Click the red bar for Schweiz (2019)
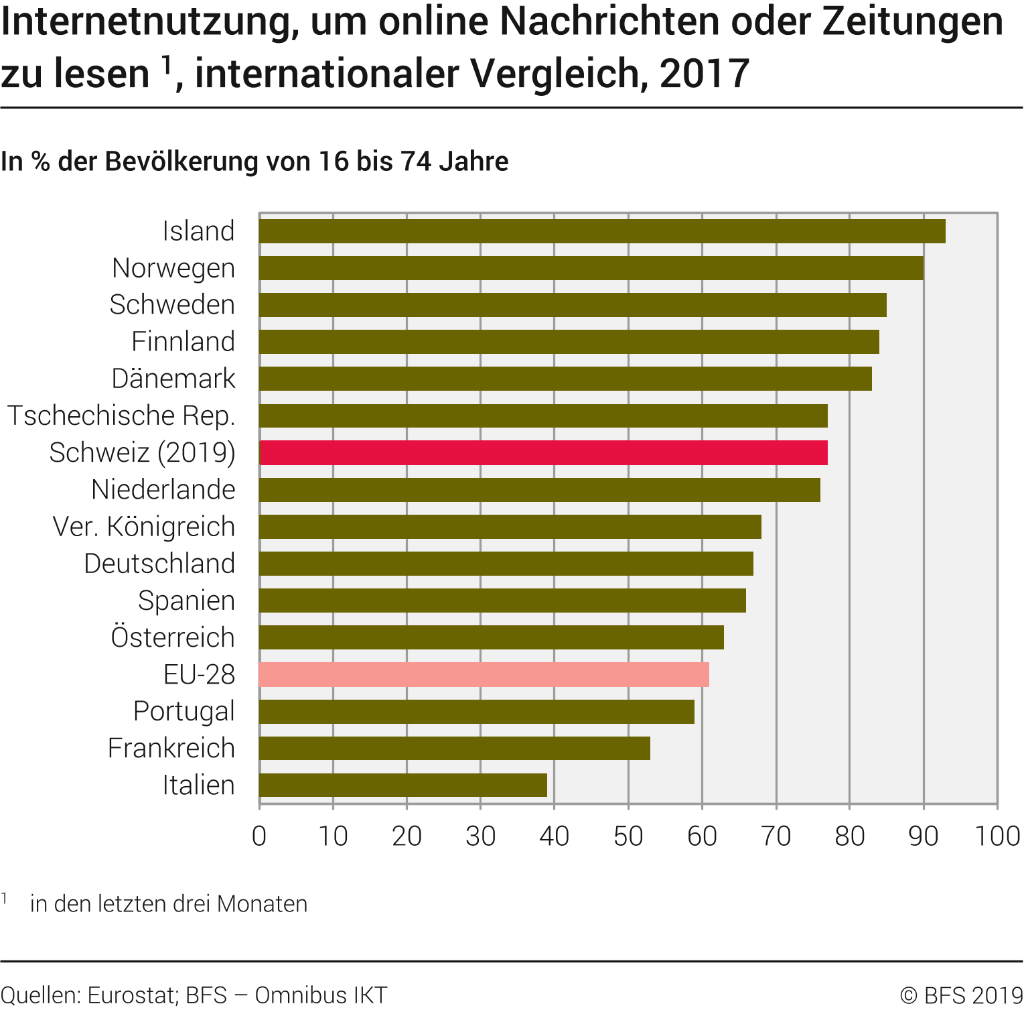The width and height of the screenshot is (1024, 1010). [x=543, y=453]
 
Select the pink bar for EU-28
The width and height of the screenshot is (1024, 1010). [x=484, y=674]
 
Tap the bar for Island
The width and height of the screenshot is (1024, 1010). [x=602, y=231]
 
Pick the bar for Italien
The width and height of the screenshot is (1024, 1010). [x=403, y=785]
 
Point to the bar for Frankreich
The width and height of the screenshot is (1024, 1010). [x=454, y=748]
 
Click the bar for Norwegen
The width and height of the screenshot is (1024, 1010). [x=591, y=268]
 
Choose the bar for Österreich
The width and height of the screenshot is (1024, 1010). [x=492, y=637]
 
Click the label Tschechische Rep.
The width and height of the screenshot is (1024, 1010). [x=121, y=416]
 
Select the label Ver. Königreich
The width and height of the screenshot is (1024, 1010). [x=144, y=527]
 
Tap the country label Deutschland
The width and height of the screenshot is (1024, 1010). [x=159, y=564]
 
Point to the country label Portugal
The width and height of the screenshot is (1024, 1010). [x=184, y=711]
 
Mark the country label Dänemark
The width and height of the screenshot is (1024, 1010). [x=173, y=379]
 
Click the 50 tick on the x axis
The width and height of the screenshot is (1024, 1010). [x=628, y=836]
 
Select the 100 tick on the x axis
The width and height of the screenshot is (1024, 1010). [x=997, y=836]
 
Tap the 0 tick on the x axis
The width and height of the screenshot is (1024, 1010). [x=259, y=836]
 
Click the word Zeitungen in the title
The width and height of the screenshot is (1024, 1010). [x=913, y=21]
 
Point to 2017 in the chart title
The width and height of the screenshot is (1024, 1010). [x=704, y=74]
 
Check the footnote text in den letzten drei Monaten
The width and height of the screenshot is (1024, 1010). [x=169, y=904]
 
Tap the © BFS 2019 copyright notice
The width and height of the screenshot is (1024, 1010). [x=961, y=995]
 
